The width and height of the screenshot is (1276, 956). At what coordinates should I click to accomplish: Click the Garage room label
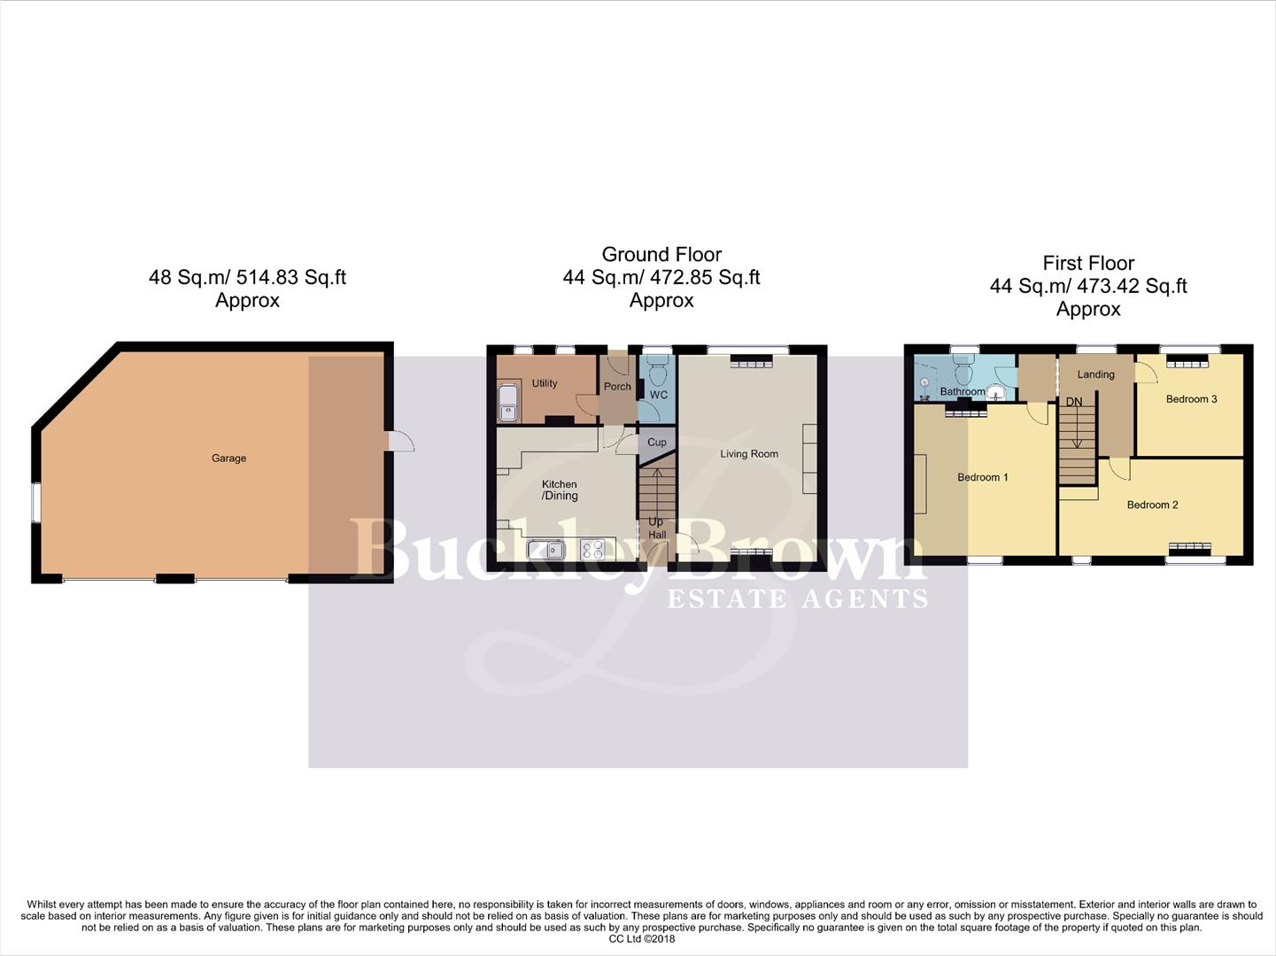(228, 458)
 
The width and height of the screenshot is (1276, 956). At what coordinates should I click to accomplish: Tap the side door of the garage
(400, 441)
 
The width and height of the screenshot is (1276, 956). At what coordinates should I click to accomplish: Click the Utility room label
(545, 383)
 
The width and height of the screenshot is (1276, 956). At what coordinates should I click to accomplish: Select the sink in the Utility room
(508, 404)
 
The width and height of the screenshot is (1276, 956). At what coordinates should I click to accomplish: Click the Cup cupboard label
(657, 443)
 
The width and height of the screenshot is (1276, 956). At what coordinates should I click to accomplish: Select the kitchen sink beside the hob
(547, 550)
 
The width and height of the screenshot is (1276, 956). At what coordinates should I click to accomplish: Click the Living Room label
(749, 454)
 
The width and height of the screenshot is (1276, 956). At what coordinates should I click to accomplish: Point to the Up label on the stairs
(656, 521)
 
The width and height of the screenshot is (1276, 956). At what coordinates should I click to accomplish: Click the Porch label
(617, 387)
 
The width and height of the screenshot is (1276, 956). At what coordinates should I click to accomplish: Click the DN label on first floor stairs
(1074, 402)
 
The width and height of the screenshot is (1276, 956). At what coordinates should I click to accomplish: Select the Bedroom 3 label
(1191, 399)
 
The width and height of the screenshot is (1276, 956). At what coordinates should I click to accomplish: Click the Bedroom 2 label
(1152, 505)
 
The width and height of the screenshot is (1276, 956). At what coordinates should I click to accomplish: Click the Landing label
(1095, 374)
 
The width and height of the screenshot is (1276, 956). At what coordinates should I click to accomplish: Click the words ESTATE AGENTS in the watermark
(797, 599)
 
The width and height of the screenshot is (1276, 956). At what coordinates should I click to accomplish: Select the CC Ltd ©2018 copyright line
(641, 938)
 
